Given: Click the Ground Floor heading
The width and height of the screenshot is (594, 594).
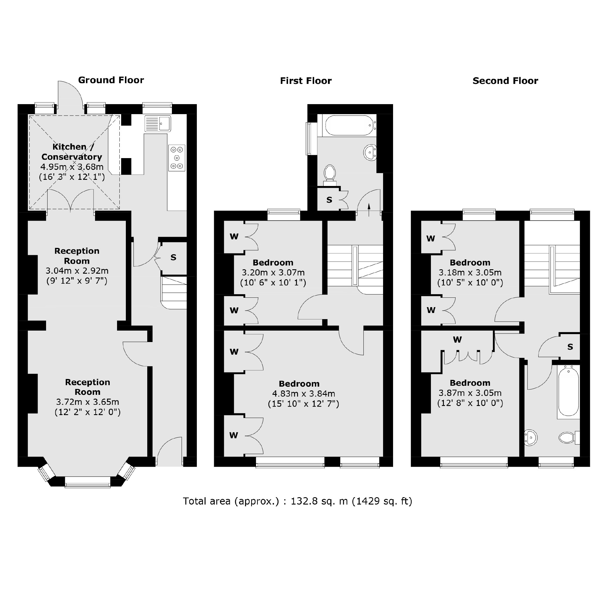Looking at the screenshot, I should coord(111,80).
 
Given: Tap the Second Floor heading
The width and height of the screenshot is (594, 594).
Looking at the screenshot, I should coord(505,81).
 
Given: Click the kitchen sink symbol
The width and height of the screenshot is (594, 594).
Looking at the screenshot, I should coord(158,123).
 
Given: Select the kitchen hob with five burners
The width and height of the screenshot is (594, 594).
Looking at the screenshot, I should coord(177,158).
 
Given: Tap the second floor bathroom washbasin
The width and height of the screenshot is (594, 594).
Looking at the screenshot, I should coord(531,437).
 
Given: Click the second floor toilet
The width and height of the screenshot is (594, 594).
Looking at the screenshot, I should coord(567,437).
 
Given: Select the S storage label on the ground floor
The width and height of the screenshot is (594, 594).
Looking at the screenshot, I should coord(173,258).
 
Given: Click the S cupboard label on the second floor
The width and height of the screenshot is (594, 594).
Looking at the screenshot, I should coord(570,347).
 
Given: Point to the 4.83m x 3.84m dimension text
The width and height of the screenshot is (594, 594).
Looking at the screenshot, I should coord(304,394).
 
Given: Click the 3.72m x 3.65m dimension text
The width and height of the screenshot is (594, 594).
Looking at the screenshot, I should coord(88,402).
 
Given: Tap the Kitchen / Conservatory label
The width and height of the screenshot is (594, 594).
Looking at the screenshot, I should coord(72,152).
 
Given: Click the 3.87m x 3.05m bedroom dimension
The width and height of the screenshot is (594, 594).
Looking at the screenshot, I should coord(470,393).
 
